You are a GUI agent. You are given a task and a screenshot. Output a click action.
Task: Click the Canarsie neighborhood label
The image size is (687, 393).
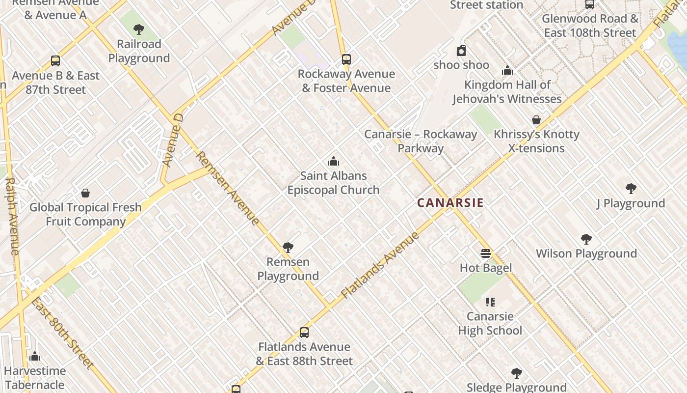click(450, 203)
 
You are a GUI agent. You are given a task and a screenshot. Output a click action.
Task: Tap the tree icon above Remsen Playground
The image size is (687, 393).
click(288, 248)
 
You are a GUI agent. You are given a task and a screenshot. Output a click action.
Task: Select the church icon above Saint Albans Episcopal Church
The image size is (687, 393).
click(334, 161)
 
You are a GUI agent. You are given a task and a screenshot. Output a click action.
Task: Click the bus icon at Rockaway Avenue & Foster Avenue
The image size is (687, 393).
click(346, 59)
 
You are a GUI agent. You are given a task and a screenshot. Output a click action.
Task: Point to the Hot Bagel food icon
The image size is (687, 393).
click(486, 253)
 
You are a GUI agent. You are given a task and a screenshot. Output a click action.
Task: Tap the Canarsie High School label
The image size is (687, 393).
click(490, 323)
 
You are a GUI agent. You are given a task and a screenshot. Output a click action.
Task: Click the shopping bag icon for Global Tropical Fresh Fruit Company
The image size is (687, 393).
click(85, 193)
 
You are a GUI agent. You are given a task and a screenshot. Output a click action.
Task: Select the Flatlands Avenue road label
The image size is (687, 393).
click(380, 265)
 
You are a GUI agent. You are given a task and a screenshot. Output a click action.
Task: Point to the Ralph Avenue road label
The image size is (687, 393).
click(12, 216)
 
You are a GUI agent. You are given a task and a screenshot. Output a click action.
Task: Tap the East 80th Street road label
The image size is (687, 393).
click(62, 332)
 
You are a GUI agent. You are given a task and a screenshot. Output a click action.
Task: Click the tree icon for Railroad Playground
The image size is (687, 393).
click(139, 29)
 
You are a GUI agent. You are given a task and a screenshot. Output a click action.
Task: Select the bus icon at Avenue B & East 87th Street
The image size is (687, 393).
click(55, 61)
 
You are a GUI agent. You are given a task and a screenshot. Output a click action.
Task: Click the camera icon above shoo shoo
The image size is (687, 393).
click(461, 51)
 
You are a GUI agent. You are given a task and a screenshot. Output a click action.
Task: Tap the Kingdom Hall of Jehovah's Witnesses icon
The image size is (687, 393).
click(507, 71)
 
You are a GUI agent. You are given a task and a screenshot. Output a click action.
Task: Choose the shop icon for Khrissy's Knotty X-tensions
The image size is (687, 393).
click(536, 120)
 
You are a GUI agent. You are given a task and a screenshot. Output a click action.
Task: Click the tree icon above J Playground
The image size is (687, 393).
click(631, 189)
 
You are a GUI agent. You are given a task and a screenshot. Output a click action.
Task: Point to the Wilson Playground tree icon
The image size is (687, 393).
click(586, 239)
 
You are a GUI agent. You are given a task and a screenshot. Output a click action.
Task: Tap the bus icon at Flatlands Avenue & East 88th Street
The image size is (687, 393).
click(304, 333)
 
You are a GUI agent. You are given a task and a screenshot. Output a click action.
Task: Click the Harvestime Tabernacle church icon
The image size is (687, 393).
click(35, 356)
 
